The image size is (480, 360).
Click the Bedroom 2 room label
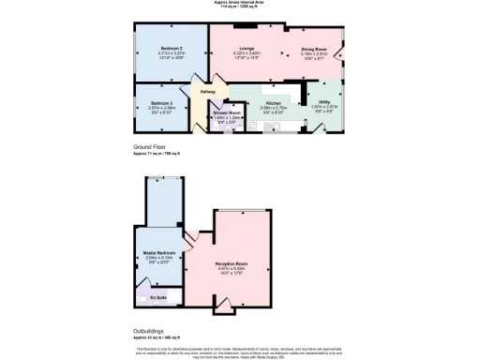click(169, 48)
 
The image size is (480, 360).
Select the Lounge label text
click(247, 48)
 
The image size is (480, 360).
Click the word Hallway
click(208, 92)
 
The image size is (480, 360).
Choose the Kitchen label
click(274, 102)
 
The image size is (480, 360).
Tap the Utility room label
click(323, 102)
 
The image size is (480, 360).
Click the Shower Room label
click(226, 112)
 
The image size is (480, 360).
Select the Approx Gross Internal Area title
click(239, 4)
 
